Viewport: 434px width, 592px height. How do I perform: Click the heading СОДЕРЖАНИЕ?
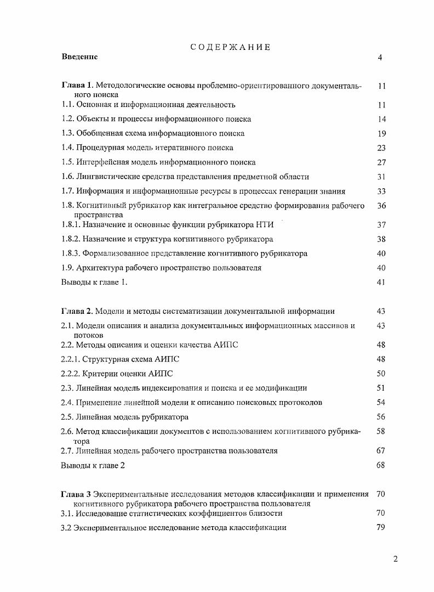tap(230, 47)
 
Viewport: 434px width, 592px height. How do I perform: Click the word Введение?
tap(79, 57)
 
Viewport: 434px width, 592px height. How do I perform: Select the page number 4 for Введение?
tap(380, 58)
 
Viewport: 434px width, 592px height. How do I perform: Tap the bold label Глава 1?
tap(77, 86)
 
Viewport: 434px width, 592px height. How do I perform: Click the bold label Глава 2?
tap(77, 311)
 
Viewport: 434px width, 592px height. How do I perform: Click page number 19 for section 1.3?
tap(382, 133)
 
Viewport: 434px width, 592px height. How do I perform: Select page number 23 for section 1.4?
tap(382, 148)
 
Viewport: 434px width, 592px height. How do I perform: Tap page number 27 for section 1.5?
tap(382, 162)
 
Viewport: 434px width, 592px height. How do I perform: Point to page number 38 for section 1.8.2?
tap(382, 239)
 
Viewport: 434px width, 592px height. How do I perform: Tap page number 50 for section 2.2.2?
tap(382, 374)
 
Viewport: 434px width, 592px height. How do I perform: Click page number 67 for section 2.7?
tap(382, 450)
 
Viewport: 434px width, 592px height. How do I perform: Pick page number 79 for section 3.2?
tap(382, 527)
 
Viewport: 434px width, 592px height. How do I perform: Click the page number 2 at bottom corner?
tap(396, 559)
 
